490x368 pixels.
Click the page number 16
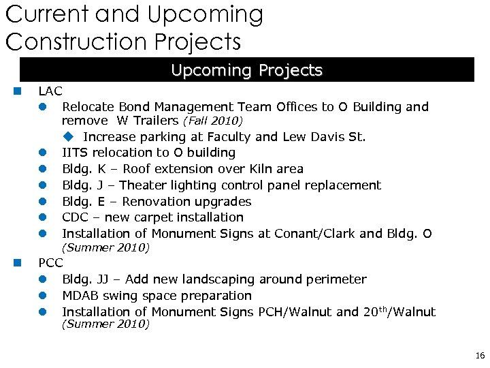coord(480,356)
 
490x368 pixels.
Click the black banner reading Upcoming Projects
coord(246,70)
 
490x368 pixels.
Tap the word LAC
coord(50,91)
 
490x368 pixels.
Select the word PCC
coord(50,262)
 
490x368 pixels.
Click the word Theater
coord(147,185)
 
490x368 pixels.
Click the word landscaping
coord(215,279)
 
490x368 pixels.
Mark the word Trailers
coord(154,121)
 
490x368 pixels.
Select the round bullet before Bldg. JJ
coord(42,279)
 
